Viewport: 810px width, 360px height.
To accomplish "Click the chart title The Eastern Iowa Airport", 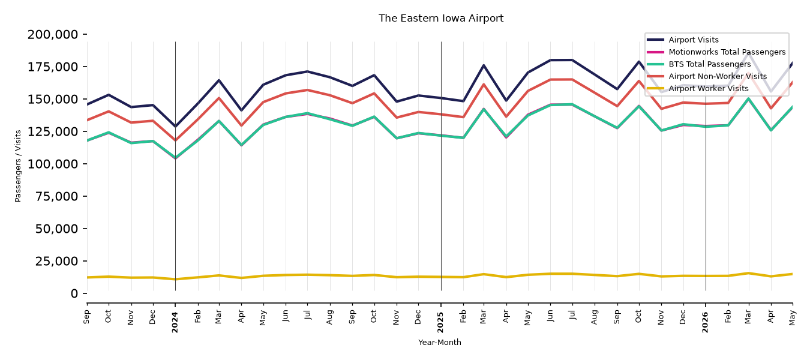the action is [441, 19].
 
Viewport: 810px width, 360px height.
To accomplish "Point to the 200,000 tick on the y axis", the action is [53, 35].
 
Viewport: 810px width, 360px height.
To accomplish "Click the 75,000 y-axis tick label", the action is [56, 196].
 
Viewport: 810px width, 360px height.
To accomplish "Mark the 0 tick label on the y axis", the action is [74, 293].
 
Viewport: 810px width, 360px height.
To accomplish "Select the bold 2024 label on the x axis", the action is [175, 322].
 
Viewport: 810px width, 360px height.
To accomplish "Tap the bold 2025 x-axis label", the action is [440, 322].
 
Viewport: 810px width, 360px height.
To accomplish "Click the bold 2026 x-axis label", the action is [705, 322].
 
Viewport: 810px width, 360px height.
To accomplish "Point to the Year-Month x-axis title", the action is [440, 342].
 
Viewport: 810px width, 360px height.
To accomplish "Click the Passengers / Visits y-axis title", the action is [18, 166].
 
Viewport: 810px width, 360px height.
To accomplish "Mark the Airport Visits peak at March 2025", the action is [484, 65].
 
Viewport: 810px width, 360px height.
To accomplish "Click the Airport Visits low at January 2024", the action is [175, 127].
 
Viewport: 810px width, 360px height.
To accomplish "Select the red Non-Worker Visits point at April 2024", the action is [241, 125].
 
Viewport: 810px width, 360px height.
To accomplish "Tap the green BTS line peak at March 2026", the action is [749, 98].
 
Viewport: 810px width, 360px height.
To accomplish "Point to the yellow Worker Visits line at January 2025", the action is [441, 277].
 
